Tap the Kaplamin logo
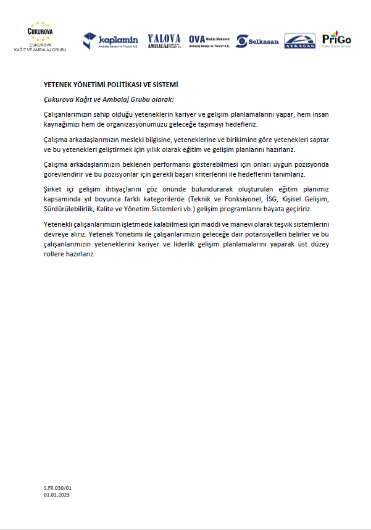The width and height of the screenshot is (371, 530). [x=110, y=41]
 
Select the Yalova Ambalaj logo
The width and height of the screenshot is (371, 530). [x=165, y=41]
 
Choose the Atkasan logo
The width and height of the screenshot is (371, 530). [x=300, y=41]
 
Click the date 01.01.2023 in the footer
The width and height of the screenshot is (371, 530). [x=56, y=495]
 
